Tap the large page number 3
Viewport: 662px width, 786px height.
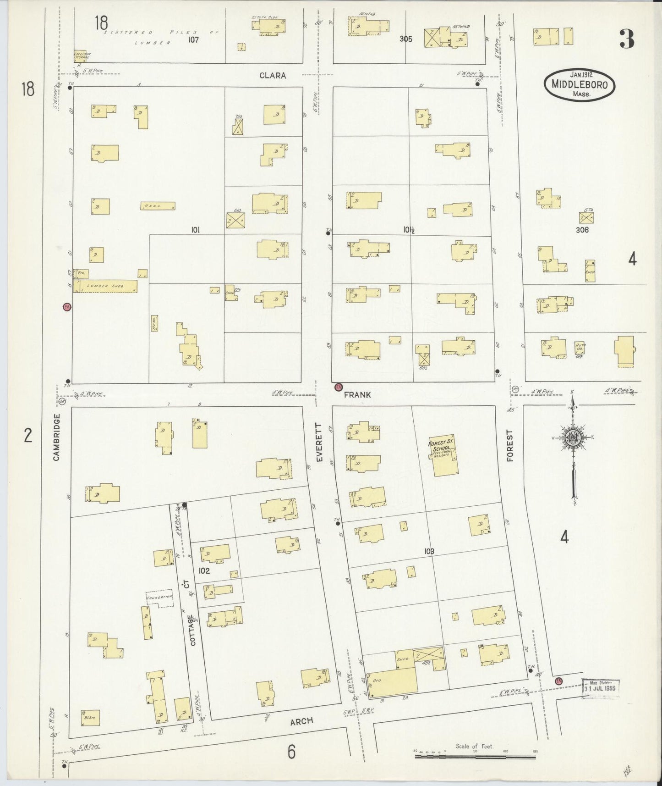point(627,39)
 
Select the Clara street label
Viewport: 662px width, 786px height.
point(273,75)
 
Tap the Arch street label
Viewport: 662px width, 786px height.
point(302,721)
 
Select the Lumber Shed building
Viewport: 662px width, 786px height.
point(105,286)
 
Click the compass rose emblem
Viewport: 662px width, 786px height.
point(572,437)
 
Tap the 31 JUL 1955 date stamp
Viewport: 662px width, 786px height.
point(601,688)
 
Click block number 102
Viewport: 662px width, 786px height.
point(204,571)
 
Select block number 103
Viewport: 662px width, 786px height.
point(429,551)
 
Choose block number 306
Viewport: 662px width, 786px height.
point(582,230)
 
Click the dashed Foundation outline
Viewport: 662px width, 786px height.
point(159,598)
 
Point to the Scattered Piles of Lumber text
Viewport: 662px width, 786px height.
point(156,37)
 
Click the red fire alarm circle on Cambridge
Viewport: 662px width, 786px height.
point(66,307)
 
